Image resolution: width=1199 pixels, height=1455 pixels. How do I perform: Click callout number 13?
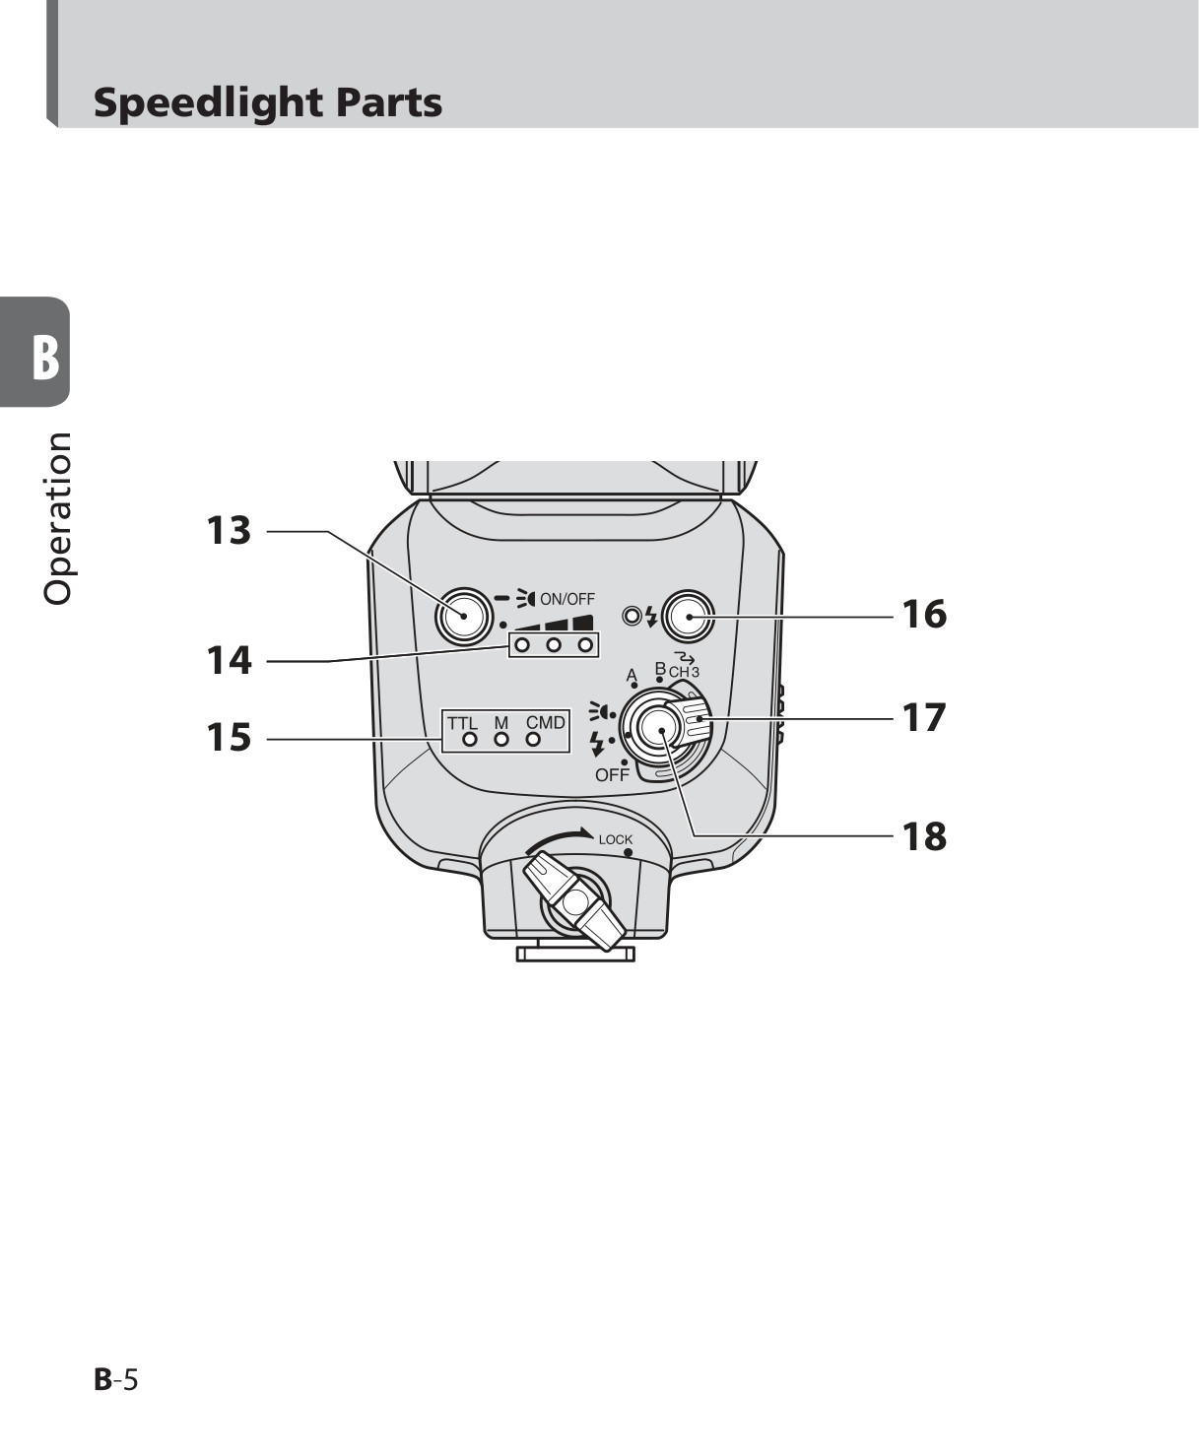click(229, 531)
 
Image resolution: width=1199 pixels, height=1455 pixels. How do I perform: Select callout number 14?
click(229, 661)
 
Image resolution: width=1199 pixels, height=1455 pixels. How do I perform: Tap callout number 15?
click(229, 738)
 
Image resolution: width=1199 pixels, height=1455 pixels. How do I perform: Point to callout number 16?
click(924, 615)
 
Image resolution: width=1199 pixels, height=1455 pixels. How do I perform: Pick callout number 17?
click(924, 718)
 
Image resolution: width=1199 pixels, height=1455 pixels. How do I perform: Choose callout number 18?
click(924, 836)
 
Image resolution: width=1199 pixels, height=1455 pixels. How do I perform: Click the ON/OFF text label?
click(567, 599)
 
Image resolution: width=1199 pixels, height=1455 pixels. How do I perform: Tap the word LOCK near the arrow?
click(616, 839)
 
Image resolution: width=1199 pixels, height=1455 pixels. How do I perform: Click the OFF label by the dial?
click(612, 775)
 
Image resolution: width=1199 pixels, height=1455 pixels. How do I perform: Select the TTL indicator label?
click(463, 723)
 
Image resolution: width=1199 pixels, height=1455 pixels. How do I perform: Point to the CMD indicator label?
click(546, 723)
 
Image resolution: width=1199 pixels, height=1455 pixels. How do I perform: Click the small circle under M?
click(501, 740)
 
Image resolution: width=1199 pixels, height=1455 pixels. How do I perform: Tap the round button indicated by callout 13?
click(464, 616)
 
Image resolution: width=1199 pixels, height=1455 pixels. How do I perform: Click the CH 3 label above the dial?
click(684, 673)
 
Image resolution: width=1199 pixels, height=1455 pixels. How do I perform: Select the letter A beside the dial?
click(632, 675)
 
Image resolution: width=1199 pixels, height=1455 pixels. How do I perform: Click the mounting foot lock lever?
click(575, 902)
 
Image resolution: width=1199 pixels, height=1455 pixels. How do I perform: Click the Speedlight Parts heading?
click(268, 103)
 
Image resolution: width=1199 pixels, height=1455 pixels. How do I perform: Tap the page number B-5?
click(116, 1380)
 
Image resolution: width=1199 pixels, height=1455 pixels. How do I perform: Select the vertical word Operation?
click(58, 519)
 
